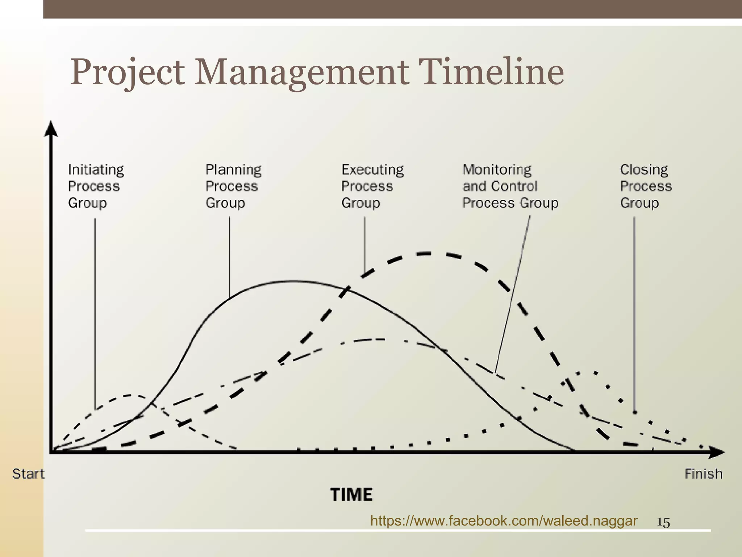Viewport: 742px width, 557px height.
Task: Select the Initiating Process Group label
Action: coord(96,186)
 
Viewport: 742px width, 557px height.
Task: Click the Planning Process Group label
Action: coord(233,186)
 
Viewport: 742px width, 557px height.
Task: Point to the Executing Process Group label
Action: coord(372,186)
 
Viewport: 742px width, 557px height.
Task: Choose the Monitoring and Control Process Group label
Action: coord(510,186)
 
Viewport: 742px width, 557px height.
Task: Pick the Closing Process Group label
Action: coord(645,186)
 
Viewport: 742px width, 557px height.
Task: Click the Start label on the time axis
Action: coord(28,474)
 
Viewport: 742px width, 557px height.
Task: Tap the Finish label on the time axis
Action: coord(703,474)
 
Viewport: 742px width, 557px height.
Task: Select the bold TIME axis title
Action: coord(351,495)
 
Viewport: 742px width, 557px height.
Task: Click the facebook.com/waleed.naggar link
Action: coord(504,521)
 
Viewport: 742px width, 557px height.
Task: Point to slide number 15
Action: coord(663,523)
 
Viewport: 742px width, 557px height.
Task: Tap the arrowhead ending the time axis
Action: coord(717,452)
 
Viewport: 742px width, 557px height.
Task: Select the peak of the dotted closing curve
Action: coord(587,372)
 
